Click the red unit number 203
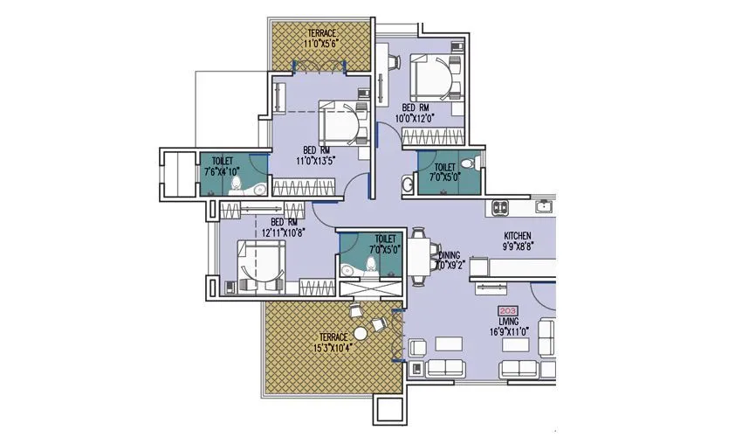click(506, 311)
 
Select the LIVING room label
click(507, 322)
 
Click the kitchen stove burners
click(501, 208)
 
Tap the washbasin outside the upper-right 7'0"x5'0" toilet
click(408, 184)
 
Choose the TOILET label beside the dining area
click(385, 238)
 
